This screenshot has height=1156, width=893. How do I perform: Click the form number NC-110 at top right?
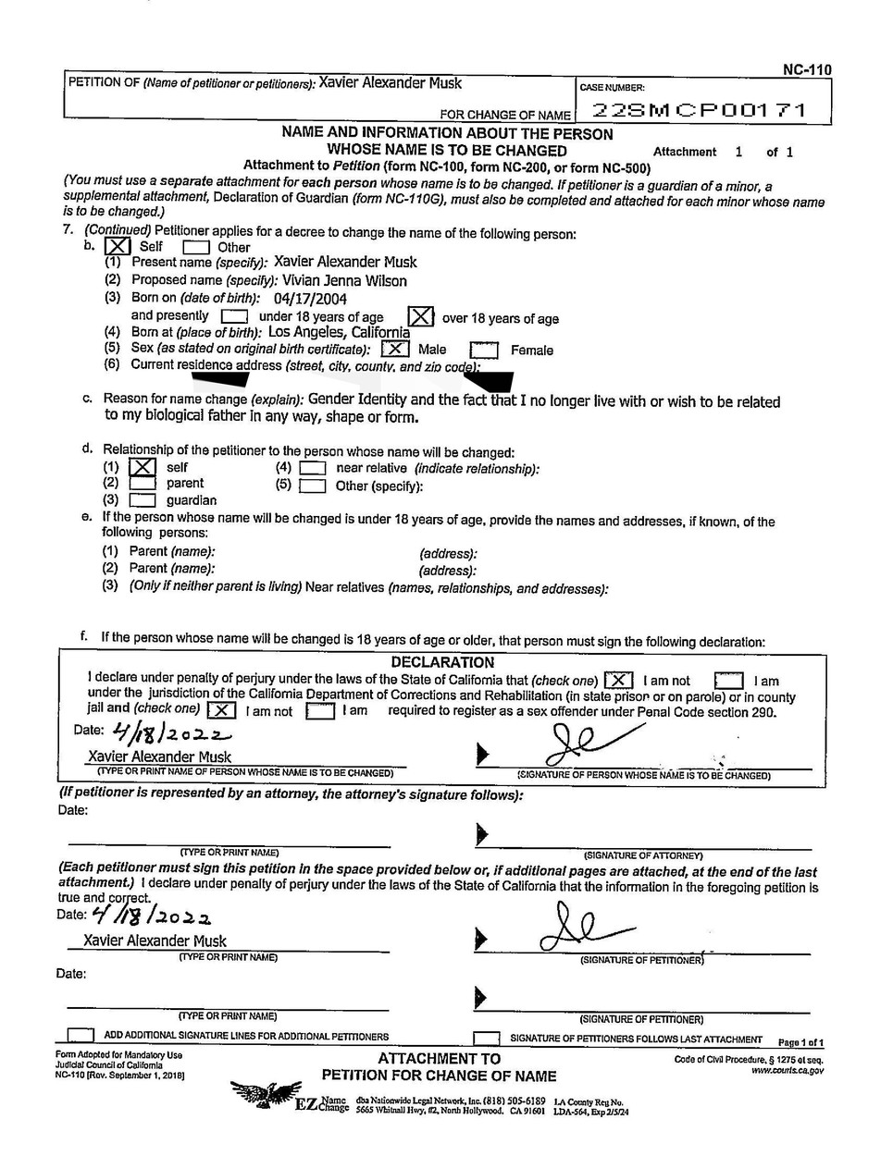[x=807, y=69]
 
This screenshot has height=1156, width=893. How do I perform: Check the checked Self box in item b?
[x=118, y=247]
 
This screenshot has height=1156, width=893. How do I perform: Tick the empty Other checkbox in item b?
[x=195, y=248]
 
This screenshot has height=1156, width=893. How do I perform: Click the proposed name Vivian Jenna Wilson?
[x=341, y=280]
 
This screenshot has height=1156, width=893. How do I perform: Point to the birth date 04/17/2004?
[x=310, y=299]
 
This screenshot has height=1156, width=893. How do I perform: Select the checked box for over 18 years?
[x=421, y=316]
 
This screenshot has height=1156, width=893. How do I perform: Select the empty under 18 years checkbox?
[x=234, y=317]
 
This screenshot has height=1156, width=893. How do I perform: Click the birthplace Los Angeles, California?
[x=339, y=332]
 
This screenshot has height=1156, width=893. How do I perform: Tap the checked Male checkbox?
[x=395, y=349]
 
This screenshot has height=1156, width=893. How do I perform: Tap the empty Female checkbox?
[x=484, y=350]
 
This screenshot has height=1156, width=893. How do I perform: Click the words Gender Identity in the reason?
[x=357, y=400]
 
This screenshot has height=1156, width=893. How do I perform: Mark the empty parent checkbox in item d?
[x=142, y=484]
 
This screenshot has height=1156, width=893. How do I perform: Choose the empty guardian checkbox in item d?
[x=142, y=500]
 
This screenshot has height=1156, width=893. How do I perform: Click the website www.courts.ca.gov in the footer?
[x=787, y=1071]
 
